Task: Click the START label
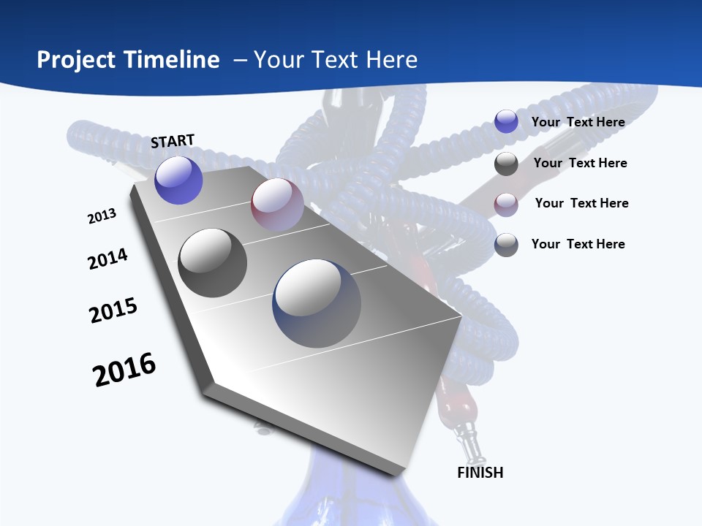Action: tap(173, 141)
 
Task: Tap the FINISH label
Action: tap(480, 473)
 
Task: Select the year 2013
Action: tap(102, 216)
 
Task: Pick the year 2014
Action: tap(107, 259)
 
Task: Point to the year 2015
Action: tap(113, 310)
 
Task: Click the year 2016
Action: tap(124, 370)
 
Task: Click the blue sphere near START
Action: tap(179, 180)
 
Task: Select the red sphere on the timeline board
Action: tap(277, 205)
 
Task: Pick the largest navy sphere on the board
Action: tap(317, 303)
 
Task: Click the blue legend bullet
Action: tap(506, 122)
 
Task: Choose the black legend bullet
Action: tap(506, 164)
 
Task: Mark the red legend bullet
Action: tap(506, 204)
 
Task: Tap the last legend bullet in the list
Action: tap(506, 245)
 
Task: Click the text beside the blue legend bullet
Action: tap(578, 122)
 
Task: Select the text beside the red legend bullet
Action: tap(581, 203)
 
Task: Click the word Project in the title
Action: tap(75, 60)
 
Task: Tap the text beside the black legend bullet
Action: tap(580, 163)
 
